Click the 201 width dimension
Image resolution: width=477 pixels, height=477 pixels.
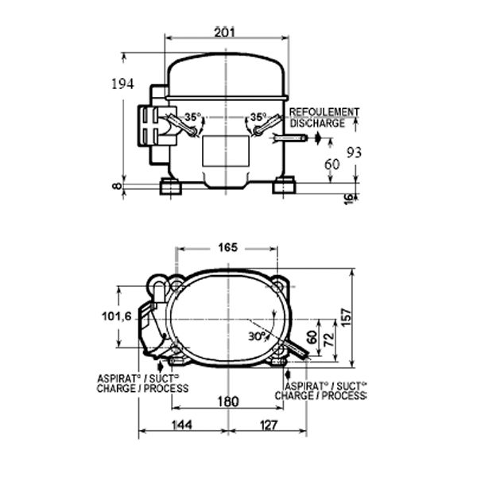[x=225, y=33]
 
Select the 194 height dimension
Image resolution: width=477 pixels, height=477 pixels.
[x=122, y=84]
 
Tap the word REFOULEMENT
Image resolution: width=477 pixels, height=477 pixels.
[x=324, y=112]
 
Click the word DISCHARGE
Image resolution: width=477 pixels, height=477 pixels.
[x=317, y=123]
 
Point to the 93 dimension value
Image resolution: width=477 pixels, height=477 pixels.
[x=355, y=153]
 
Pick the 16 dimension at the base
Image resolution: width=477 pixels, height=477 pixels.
[x=349, y=199]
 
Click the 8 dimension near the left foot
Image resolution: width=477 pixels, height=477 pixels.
[x=117, y=186]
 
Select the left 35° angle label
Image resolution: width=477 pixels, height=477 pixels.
[x=193, y=117]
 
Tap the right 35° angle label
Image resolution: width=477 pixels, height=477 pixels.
[x=258, y=117]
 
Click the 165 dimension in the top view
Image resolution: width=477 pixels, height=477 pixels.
[x=227, y=247]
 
